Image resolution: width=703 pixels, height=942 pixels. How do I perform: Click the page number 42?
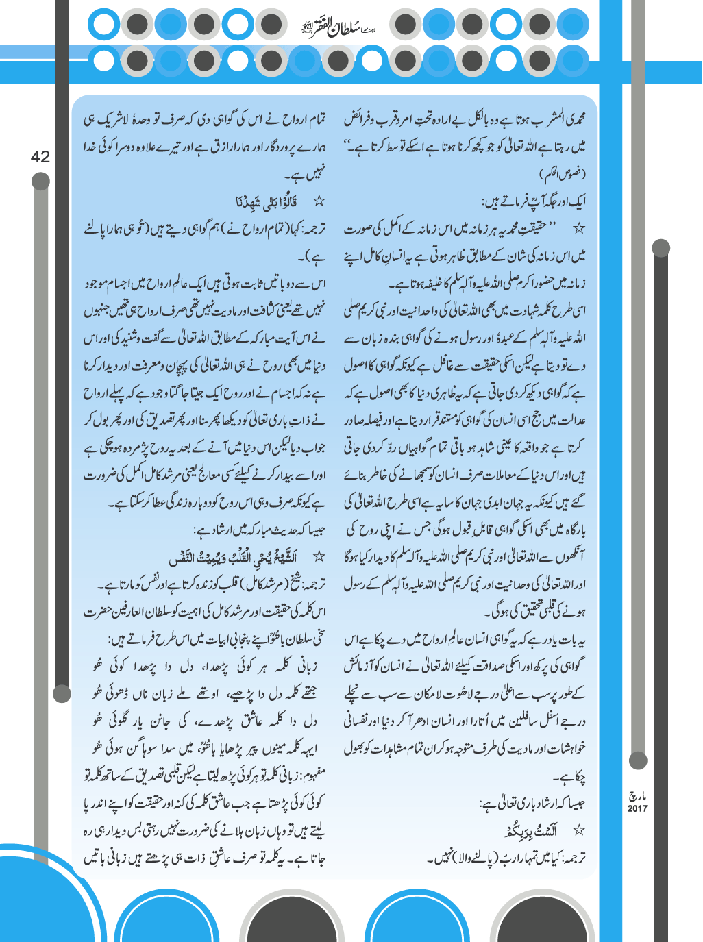[40, 157]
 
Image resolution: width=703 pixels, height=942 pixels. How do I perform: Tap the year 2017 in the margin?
[637, 809]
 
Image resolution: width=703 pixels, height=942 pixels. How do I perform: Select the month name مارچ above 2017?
[637, 797]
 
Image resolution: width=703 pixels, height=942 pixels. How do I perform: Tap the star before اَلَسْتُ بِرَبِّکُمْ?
[579, 830]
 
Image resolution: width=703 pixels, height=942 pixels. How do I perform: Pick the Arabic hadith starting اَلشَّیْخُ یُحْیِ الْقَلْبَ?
[247, 557]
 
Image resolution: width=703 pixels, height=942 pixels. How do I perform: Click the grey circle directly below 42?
[41, 181]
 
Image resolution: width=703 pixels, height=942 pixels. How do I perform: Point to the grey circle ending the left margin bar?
[62, 693]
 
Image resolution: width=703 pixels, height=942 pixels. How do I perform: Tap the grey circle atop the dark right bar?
[661, 247]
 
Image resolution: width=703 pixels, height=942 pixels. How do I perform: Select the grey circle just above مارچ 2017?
[638, 760]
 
